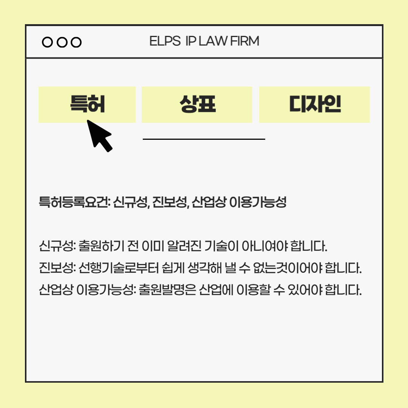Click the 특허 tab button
pyautogui.click(x=87, y=105)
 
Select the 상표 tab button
pyautogui.click(x=197, y=105)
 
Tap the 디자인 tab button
pyautogui.click(x=314, y=105)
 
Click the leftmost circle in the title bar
pyautogui.click(x=47, y=42)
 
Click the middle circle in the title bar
pyautogui.click(x=62, y=42)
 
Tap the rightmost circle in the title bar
pyautogui.click(x=77, y=42)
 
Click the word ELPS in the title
pyautogui.click(x=165, y=41)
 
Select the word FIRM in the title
pyautogui.click(x=245, y=41)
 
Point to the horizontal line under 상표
pyautogui.click(x=204, y=139)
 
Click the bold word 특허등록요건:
pyautogui.click(x=74, y=202)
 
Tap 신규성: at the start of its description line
pyautogui.click(x=57, y=247)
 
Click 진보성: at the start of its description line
pyautogui.click(x=57, y=269)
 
